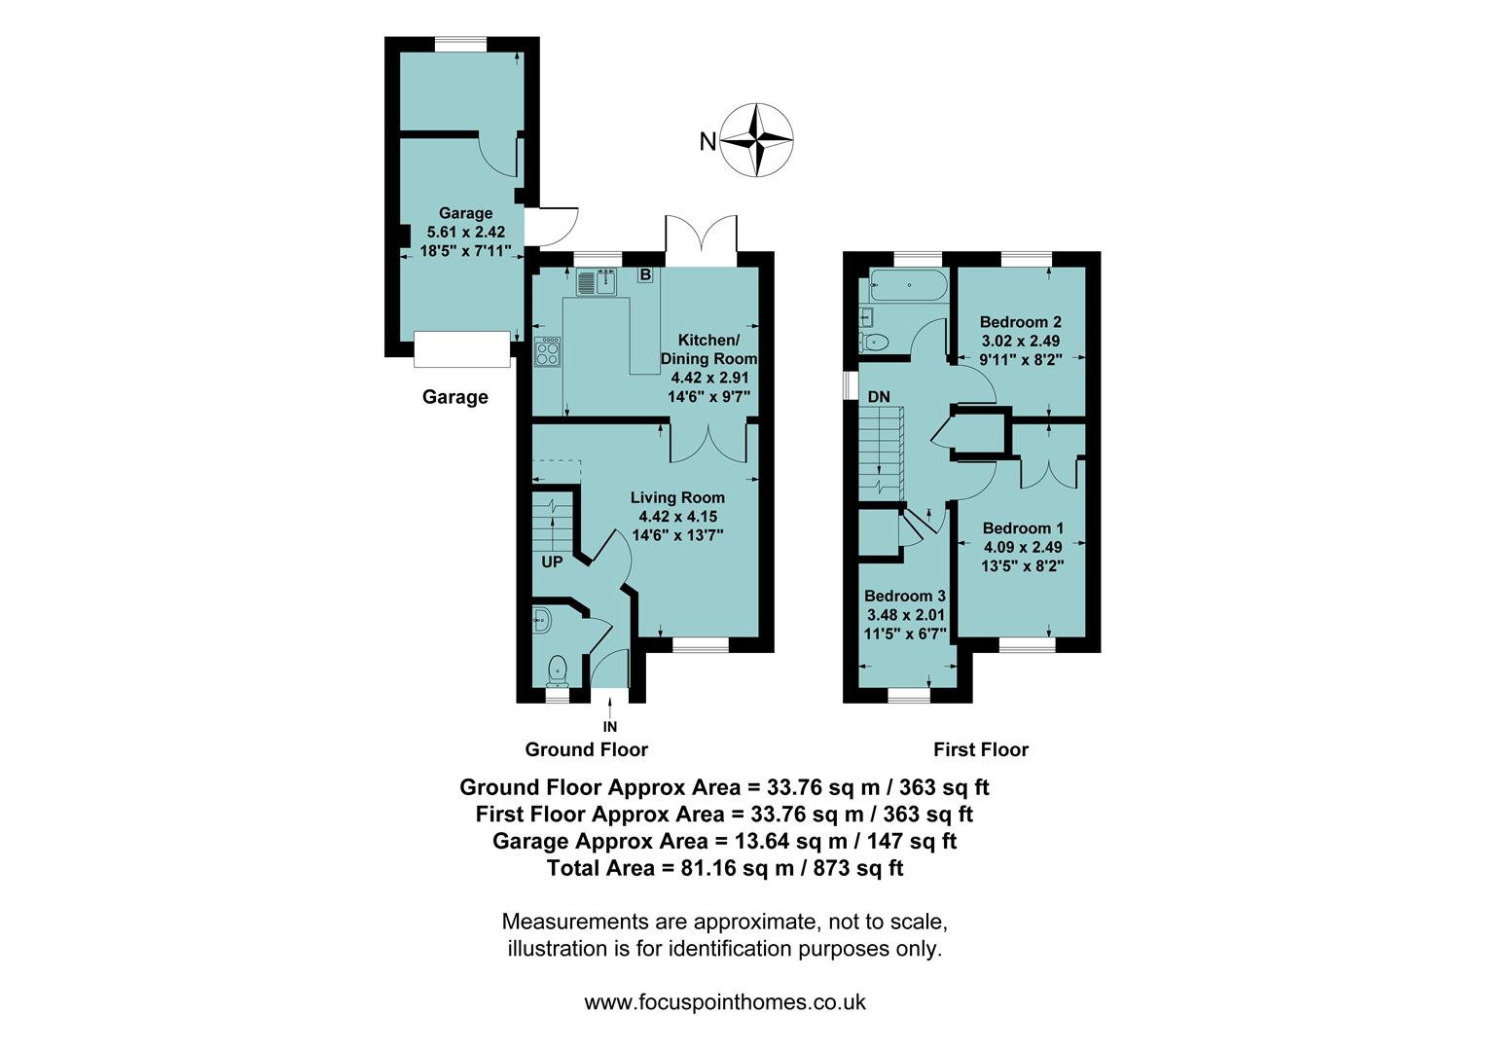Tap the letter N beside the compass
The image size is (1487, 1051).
pos(707,142)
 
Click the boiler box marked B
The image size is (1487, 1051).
pos(645,274)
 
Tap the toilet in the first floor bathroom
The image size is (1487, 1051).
pos(874,342)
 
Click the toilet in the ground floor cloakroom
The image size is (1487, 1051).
pos(557,668)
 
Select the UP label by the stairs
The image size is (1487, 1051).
pos(552,562)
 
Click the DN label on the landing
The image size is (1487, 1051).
pos(879,397)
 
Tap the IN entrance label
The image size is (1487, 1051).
pos(610,726)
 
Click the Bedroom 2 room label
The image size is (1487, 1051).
pos(1020,322)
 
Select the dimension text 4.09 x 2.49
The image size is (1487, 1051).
pos(1023,547)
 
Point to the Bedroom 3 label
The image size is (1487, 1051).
pos(905,596)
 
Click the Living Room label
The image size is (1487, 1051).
pos(677,497)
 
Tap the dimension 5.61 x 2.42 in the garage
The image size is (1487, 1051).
pos(465,233)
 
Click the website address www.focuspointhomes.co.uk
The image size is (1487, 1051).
pos(725,1001)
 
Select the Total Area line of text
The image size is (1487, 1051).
pos(725,868)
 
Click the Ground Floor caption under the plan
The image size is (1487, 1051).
pos(586,749)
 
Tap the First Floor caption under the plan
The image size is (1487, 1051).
pos(980,749)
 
